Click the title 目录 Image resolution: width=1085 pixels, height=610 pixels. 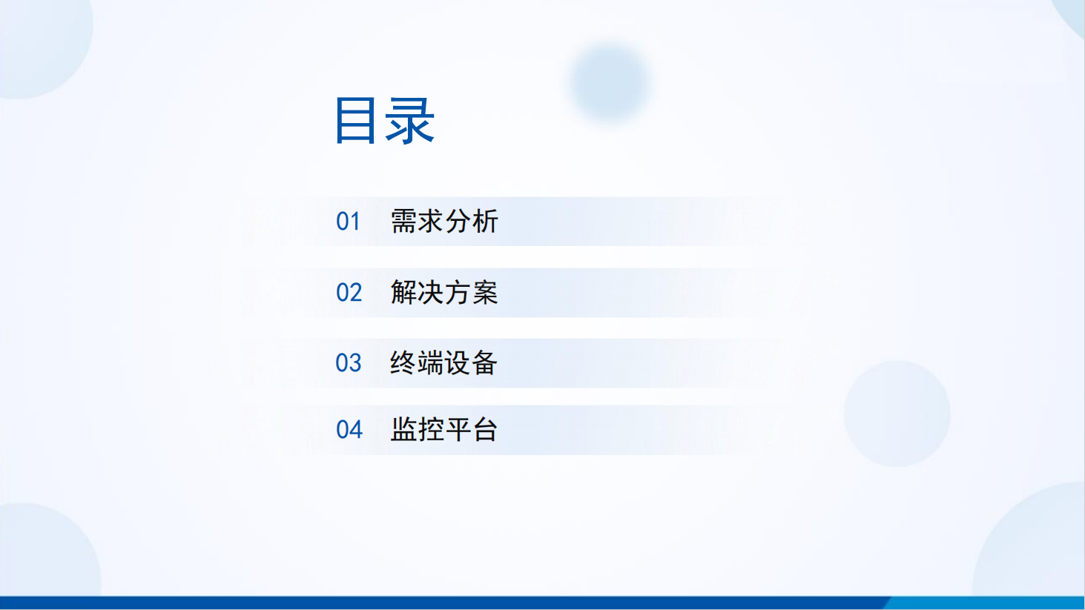[x=385, y=121]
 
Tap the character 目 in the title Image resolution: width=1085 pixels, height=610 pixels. [x=355, y=121]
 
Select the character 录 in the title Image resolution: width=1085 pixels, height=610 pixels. [x=410, y=121]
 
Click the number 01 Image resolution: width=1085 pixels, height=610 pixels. [x=348, y=222]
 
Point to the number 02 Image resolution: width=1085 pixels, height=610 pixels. [x=349, y=293]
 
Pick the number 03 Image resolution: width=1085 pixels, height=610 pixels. [x=349, y=362]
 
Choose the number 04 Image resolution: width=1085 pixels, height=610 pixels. [x=349, y=429]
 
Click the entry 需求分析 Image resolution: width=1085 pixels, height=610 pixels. [x=444, y=222]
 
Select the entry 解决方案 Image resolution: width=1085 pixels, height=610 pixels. [x=444, y=293]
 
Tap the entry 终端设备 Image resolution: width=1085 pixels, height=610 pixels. [x=443, y=362]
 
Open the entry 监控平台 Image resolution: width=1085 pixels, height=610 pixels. [x=443, y=429]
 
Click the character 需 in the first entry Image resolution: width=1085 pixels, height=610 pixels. [x=403, y=222]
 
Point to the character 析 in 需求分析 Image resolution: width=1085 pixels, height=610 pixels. [x=485, y=222]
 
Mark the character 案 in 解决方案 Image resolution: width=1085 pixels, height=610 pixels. [x=485, y=293]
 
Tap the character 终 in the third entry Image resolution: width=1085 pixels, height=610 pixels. [x=403, y=362]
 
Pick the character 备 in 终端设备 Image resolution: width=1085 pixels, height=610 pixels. [x=485, y=362]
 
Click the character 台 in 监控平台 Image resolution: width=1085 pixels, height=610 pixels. [x=485, y=429]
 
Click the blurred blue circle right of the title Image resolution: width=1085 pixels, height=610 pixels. [x=610, y=82]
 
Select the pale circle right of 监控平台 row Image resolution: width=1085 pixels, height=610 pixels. [x=897, y=414]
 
